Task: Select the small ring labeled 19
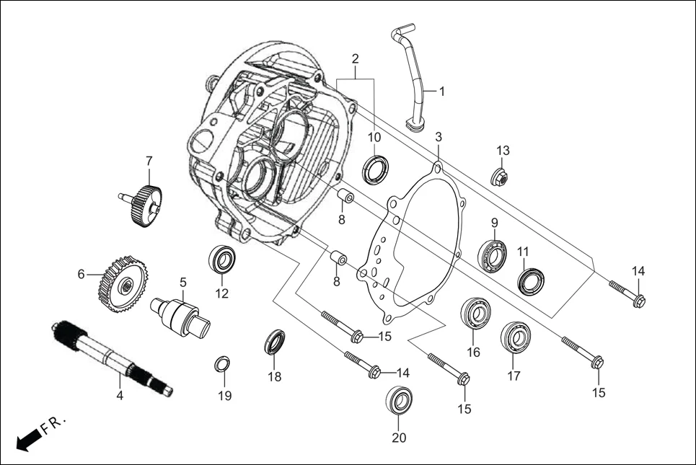(224, 363)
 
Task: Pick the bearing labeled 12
(221, 259)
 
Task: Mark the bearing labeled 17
(515, 337)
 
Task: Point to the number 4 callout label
(120, 396)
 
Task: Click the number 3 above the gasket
(438, 136)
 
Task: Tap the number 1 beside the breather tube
(442, 92)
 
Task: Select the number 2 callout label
(355, 58)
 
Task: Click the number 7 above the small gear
(149, 159)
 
